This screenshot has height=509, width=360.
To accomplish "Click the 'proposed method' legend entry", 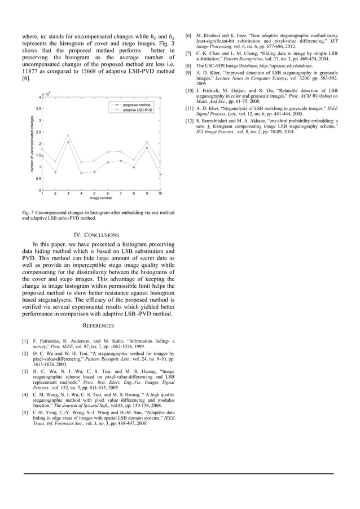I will [x=137, y=105].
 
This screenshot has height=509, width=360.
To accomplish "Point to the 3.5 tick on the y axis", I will [x=37, y=108].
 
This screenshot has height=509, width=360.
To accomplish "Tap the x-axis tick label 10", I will [x=160, y=194].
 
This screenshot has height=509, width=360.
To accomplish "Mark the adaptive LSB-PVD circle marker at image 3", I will [x=68, y=135].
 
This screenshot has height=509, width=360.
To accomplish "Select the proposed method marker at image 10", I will [x=160, y=174].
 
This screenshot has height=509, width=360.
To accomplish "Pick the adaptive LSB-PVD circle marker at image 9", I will [x=147, y=142].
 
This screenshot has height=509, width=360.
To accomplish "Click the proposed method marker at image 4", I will [x=81, y=173].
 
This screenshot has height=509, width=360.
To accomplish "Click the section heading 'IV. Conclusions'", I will [x=96, y=235].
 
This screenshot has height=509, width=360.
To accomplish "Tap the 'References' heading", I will [x=96, y=326].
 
